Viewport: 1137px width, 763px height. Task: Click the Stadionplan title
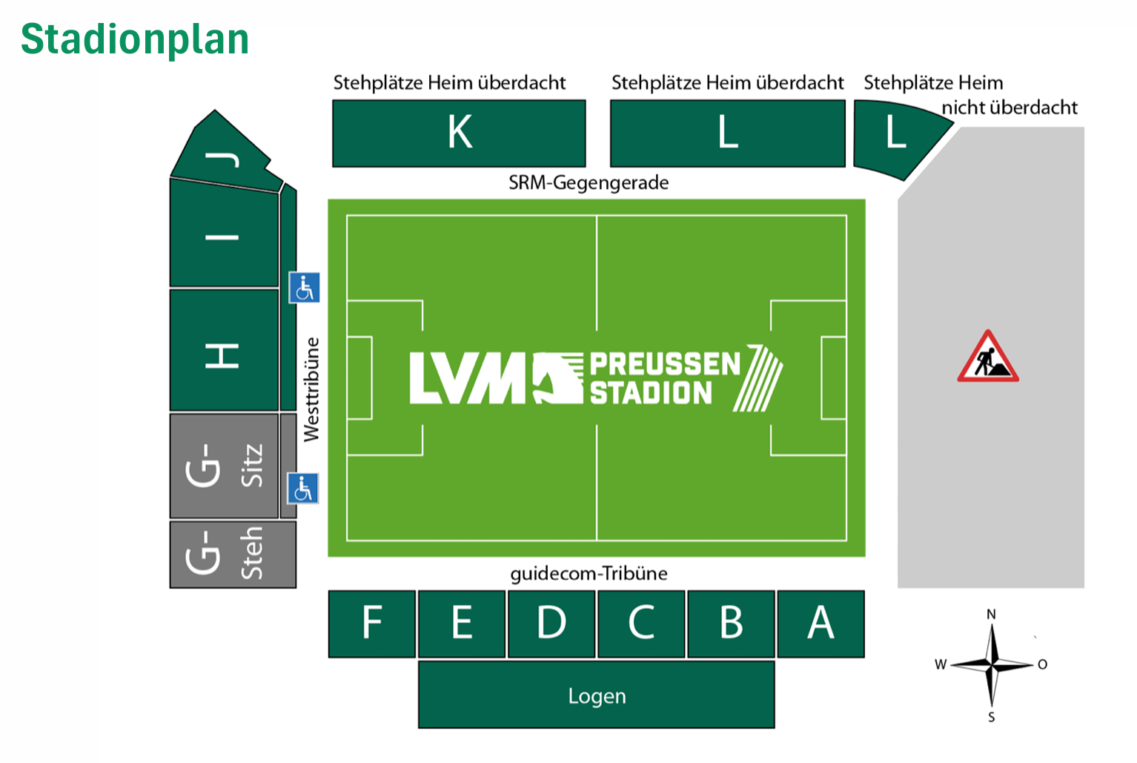coord(135,39)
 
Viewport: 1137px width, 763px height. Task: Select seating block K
coord(459,133)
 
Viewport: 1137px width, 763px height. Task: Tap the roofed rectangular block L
coord(727,133)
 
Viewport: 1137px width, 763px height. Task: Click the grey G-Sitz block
coord(223,466)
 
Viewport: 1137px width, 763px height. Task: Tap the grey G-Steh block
coord(231,554)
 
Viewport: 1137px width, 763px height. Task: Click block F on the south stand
coord(372,623)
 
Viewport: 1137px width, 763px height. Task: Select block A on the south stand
coord(821,623)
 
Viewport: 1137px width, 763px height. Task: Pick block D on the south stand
coord(551,623)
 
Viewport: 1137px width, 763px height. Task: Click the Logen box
coord(597,696)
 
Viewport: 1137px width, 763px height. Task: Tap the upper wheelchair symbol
coord(304,288)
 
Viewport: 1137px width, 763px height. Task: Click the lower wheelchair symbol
coord(303,489)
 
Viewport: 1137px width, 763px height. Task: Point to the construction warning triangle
coord(987,358)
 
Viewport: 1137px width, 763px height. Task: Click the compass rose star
coord(992,664)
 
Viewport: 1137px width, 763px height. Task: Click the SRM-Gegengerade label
coord(589,183)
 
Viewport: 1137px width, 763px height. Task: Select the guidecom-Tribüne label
coord(589,573)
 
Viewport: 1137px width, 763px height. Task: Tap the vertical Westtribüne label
coord(312,389)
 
